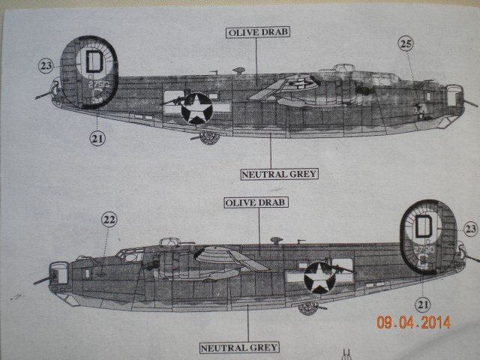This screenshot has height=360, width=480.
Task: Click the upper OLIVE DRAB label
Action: tap(255, 31)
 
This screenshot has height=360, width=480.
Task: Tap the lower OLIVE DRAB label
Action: tap(256, 202)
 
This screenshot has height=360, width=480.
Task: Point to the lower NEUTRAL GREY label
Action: tap(239, 347)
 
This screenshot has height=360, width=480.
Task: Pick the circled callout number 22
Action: tap(109, 220)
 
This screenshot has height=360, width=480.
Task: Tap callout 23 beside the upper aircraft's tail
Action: tap(46, 66)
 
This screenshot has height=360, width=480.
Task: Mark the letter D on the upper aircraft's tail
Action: tap(94, 60)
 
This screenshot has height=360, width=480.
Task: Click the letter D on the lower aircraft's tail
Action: tap(424, 225)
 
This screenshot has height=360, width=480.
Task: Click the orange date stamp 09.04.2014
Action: tap(413, 322)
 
